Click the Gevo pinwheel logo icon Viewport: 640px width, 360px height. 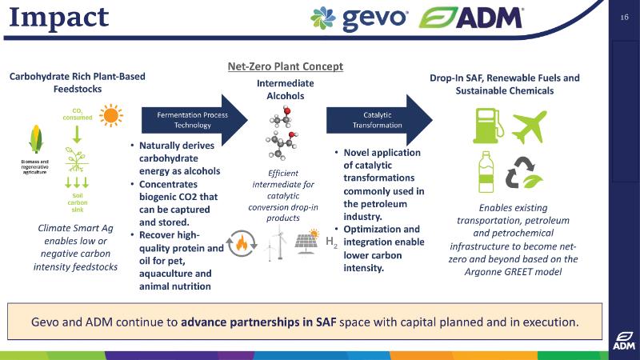[x=323, y=18]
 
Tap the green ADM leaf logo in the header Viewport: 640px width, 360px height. [x=438, y=18]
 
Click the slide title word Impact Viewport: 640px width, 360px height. [x=58, y=18]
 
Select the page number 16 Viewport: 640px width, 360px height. [x=624, y=17]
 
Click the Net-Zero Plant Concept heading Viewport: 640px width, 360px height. [x=286, y=66]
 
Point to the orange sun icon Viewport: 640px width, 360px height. [x=111, y=115]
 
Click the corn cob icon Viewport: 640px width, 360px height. [x=36, y=138]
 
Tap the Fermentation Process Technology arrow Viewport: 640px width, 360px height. [x=194, y=120]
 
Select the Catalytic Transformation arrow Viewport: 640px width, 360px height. [x=379, y=120]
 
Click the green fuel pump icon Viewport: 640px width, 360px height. [x=488, y=126]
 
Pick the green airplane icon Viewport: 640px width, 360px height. [x=529, y=126]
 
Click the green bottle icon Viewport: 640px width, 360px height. [x=486, y=172]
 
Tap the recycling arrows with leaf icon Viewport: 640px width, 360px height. [x=524, y=173]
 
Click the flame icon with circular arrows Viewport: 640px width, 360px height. [x=242, y=244]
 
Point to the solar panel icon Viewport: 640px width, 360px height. [x=307, y=242]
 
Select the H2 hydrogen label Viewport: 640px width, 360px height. [x=331, y=242]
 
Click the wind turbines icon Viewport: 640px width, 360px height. [x=275, y=244]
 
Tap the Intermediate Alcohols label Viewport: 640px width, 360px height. [x=286, y=90]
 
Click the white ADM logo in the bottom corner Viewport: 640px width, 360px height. [x=624, y=341]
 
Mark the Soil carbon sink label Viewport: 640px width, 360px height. [x=78, y=202]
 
